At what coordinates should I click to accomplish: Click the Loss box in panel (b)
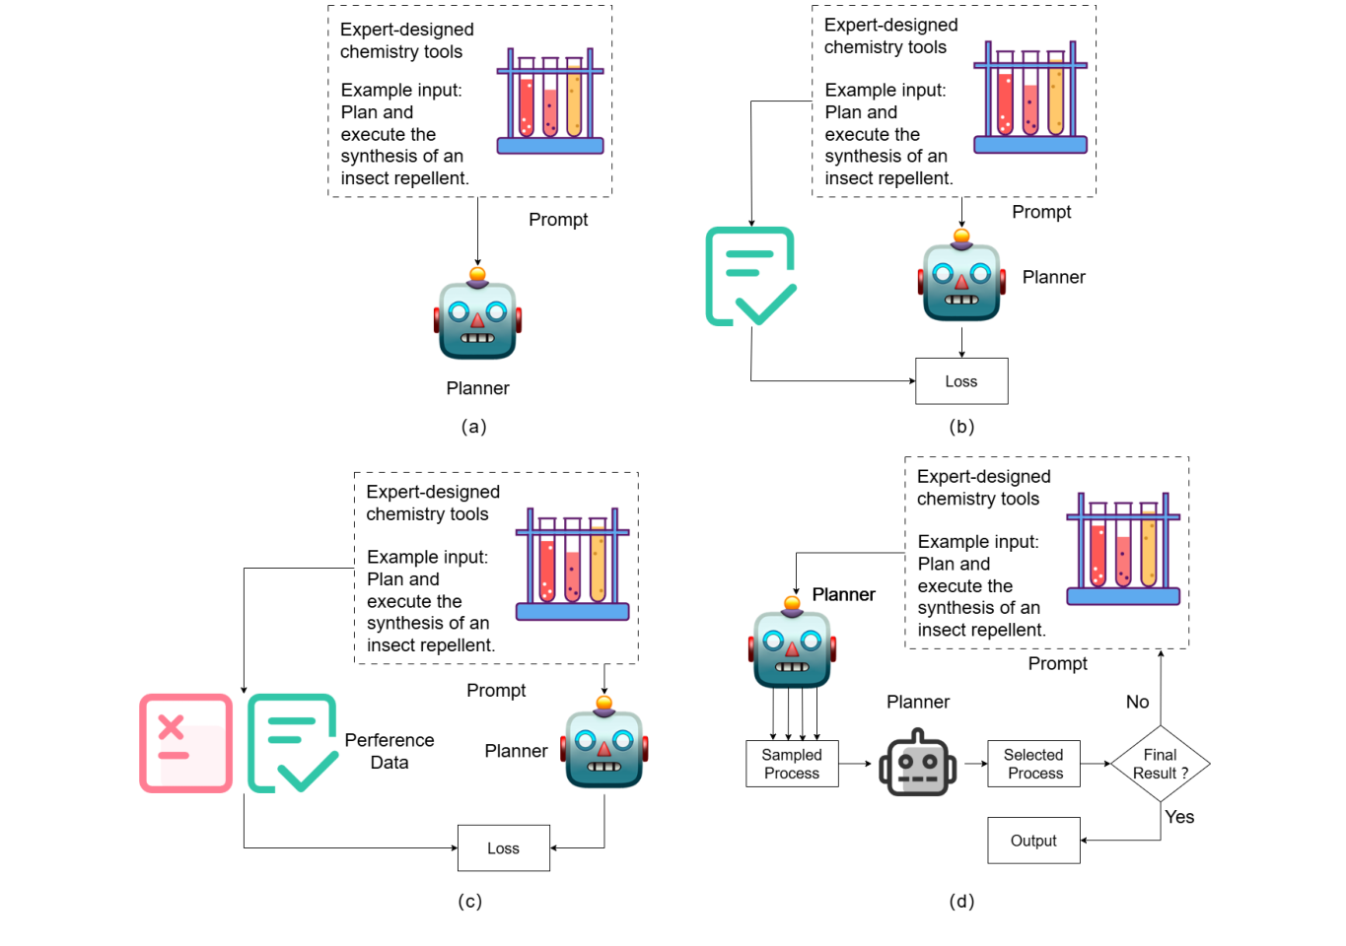click(x=961, y=381)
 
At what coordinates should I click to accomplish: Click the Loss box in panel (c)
click(x=503, y=848)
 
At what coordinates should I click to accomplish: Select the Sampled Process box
click(x=792, y=764)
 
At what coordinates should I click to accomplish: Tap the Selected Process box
click(x=1033, y=764)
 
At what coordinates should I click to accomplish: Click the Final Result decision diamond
click(x=1160, y=764)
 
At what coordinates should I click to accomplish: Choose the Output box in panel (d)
click(x=1033, y=841)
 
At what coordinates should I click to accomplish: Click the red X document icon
click(x=185, y=743)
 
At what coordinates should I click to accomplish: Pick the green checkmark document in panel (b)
click(x=750, y=276)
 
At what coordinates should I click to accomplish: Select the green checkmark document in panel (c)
click(x=292, y=743)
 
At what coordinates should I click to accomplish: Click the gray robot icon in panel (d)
click(x=917, y=764)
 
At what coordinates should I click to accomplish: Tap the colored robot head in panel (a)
click(x=477, y=318)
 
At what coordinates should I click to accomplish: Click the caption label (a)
click(x=474, y=427)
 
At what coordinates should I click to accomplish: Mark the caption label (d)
click(x=961, y=902)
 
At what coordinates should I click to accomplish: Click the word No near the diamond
click(x=1137, y=703)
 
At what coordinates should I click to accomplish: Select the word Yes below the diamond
click(x=1179, y=817)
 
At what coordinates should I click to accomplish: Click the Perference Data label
click(x=390, y=751)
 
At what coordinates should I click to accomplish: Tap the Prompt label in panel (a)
click(x=558, y=220)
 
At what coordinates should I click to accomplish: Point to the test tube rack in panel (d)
click(x=1123, y=549)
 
